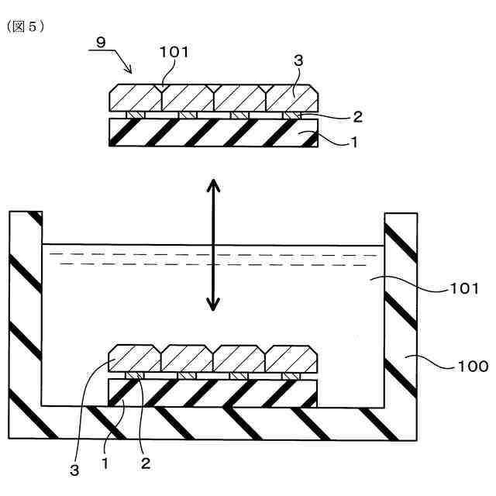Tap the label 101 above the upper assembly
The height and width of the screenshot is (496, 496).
(174, 53)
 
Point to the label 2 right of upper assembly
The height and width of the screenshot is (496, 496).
(357, 117)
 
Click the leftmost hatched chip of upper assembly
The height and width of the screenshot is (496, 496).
(136, 98)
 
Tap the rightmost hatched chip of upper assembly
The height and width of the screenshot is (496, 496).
(291, 98)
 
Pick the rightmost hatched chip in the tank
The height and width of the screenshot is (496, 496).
(291, 358)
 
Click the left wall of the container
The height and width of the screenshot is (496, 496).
(25, 310)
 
